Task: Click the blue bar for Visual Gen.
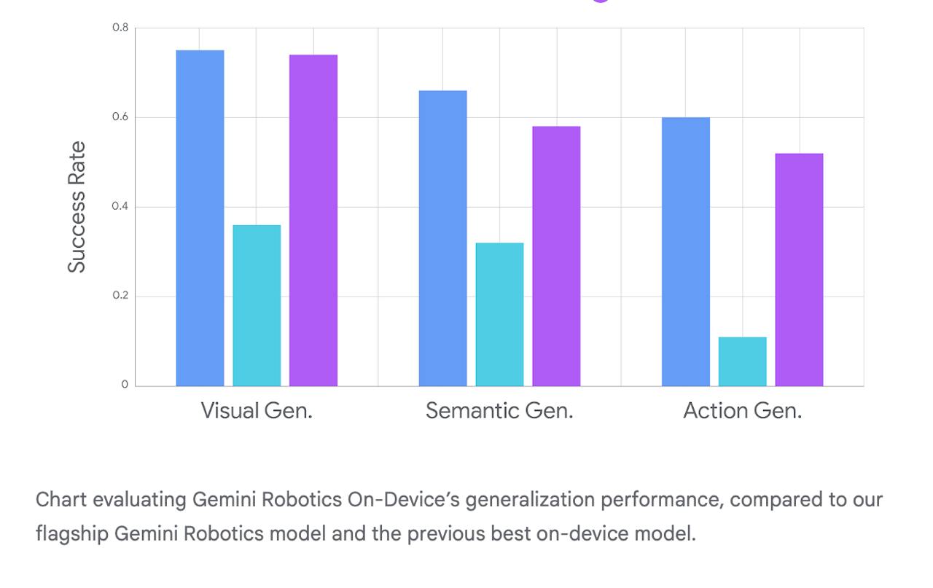(200, 218)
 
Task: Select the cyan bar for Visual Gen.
(257, 305)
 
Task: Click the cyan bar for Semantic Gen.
(499, 314)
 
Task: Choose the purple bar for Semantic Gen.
(556, 256)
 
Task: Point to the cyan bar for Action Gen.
(742, 361)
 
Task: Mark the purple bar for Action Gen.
(799, 270)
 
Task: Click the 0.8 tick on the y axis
(120, 28)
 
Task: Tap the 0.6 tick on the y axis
(120, 117)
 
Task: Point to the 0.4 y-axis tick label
(120, 207)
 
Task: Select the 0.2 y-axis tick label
(120, 296)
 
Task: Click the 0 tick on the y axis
(125, 385)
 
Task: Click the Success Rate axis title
(77, 207)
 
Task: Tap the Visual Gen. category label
(257, 411)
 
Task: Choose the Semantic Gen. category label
(499, 411)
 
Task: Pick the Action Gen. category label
(742, 411)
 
